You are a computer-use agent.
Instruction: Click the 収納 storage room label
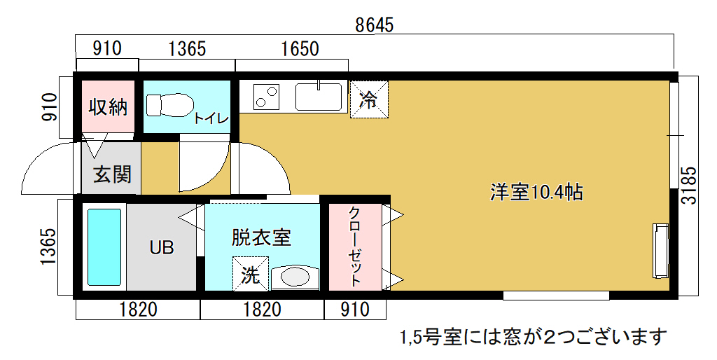(108, 107)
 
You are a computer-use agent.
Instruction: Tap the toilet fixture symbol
(169, 105)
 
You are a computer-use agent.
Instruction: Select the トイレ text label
(211, 118)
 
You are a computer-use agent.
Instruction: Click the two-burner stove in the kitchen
(266, 97)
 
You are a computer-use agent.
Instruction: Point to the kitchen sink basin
(319, 96)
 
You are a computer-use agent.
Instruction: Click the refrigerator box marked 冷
(369, 99)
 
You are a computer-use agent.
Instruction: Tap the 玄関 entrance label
(112, 174)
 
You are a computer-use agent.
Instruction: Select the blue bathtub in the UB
(104, 247)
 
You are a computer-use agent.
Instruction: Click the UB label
(162, 247)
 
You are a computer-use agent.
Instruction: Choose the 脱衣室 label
(261, 237)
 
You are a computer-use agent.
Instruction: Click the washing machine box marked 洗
(250, 274)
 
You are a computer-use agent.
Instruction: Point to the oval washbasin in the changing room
(293, 277)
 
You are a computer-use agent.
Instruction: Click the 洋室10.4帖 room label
(536, 192)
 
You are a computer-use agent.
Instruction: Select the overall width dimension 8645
(374, 25)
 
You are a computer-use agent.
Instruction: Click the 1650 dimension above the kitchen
(300, 48)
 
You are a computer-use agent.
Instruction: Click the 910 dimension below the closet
(355, 310)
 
